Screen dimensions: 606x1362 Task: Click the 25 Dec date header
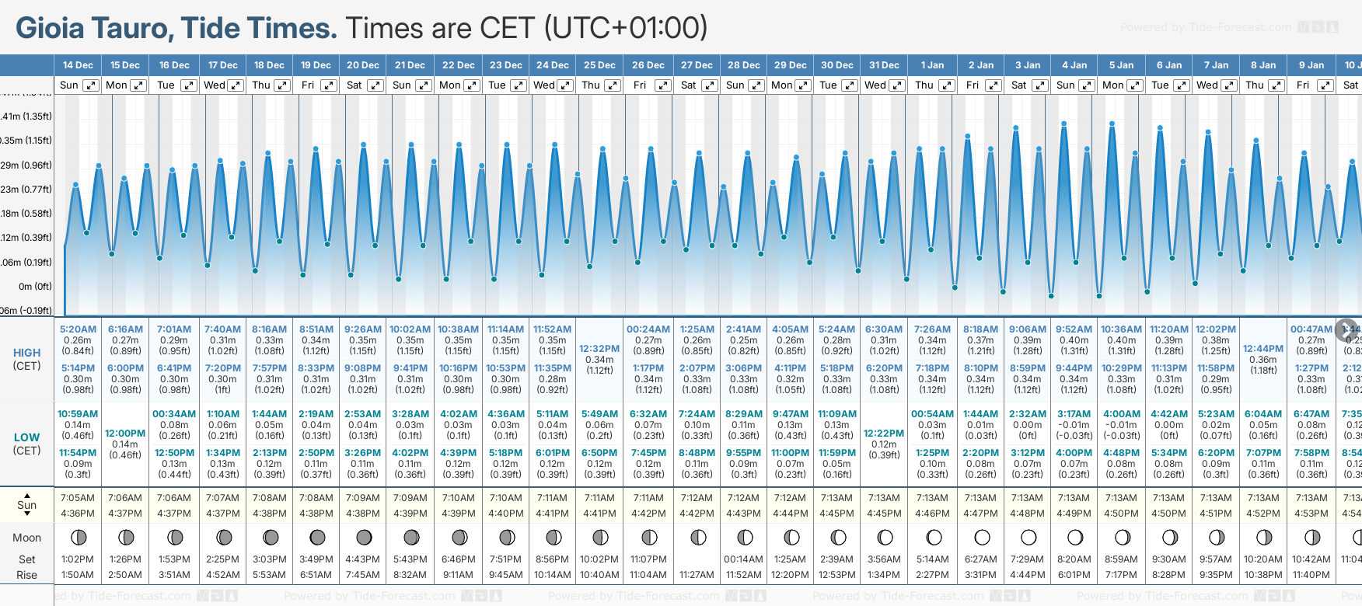[x=599, y=65]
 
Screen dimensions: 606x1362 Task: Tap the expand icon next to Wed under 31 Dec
[x=896, y=85]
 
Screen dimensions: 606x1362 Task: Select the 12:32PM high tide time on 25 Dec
[x=599, y=349]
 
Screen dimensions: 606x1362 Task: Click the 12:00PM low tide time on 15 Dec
[x=125, y=434]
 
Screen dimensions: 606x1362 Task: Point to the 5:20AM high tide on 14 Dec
[x=78, y=329]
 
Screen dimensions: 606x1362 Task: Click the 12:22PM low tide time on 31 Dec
[x=884, y=434]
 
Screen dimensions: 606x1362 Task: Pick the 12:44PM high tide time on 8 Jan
[x=1263, y=349]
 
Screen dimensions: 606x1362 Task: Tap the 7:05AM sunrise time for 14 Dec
[x=77, y=498]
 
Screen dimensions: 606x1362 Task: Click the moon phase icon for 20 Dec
[x=363, y=537]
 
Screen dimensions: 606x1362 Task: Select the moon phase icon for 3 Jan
[x=1028, y=537]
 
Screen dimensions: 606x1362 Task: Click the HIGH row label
[x=26, y=353]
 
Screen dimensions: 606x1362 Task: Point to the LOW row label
[x=26, y=437]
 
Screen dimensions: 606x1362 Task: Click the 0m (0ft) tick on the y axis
[x=35, y=287]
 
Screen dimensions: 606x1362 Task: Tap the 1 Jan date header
[x=932, y=65]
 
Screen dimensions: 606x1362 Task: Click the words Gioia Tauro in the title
[x=93, y=29]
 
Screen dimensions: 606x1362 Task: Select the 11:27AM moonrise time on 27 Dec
[x=697, y=575]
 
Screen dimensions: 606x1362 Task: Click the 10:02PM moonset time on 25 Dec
[x=599, y=559]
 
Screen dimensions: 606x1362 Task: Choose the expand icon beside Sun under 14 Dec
[x=91, y=85]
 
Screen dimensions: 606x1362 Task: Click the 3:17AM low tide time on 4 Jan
[x=1074, y=414]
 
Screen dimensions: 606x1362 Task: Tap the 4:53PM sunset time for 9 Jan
[x=1311, y=514]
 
